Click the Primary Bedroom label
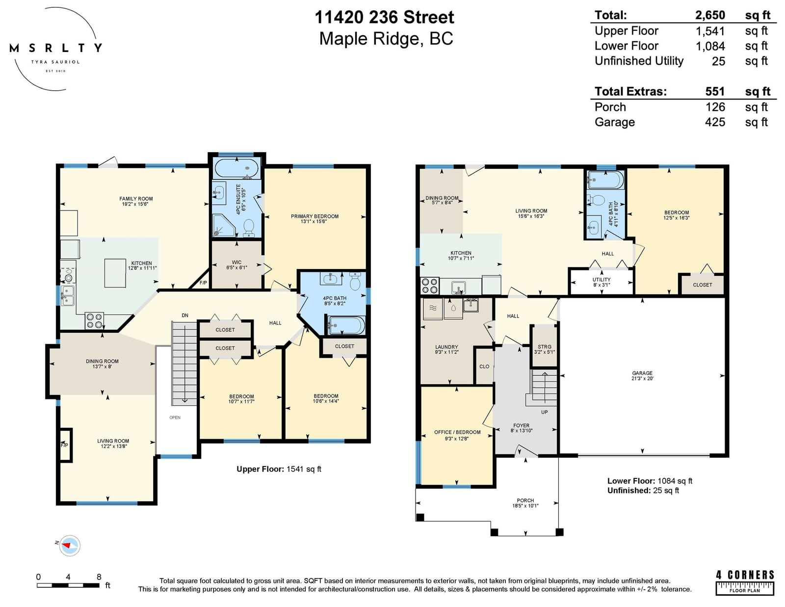coord(314,219)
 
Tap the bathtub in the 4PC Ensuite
coord(236,168)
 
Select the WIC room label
coord(236,265)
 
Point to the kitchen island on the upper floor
coord(115,273)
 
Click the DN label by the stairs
coord(185,316)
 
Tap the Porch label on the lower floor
coord(525,503)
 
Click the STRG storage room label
coord(545,349)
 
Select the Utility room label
coord(602,282)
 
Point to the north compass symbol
coord(69,546)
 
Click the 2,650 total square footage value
coord(710,15)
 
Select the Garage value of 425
coord(715,122)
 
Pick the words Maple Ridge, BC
coord(386,39)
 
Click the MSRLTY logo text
coord(55,48)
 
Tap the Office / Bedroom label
coord(457,435)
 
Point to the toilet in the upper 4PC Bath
coord(356,282)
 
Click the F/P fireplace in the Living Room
coord(65,445)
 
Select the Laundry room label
coord(446,349)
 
